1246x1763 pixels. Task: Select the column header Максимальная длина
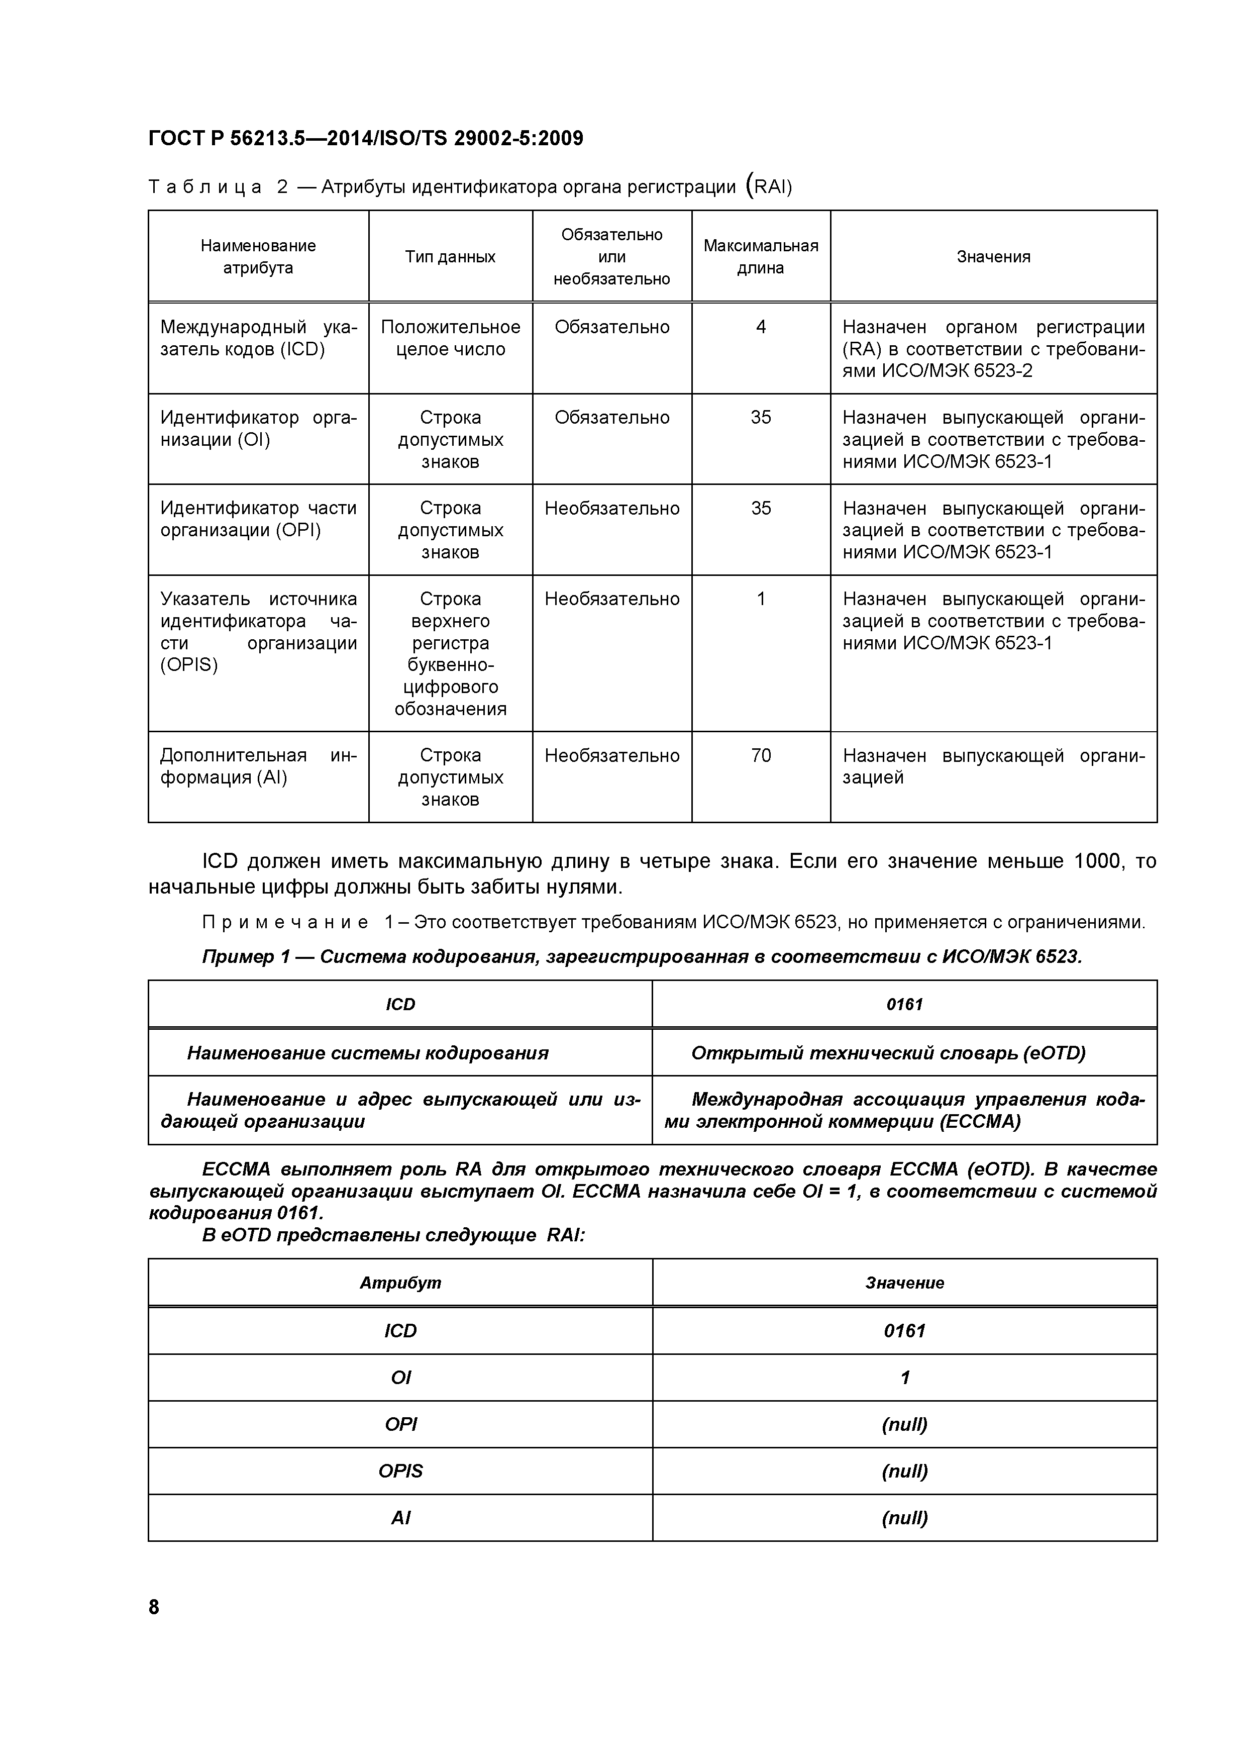(x=760, y=256)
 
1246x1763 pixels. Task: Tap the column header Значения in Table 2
(x=993, y=256)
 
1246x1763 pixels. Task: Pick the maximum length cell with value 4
(x=760, y=327)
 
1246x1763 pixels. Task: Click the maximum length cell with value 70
(x=760, y=755)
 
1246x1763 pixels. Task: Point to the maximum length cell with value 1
(x=760, y=599)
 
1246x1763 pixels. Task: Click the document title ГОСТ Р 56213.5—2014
(x=365, y=138)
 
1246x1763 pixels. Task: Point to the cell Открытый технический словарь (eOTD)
(x=888, y=1053)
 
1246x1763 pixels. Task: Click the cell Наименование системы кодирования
(x=368, y=1053)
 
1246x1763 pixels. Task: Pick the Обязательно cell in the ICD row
(x=612, y=327)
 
